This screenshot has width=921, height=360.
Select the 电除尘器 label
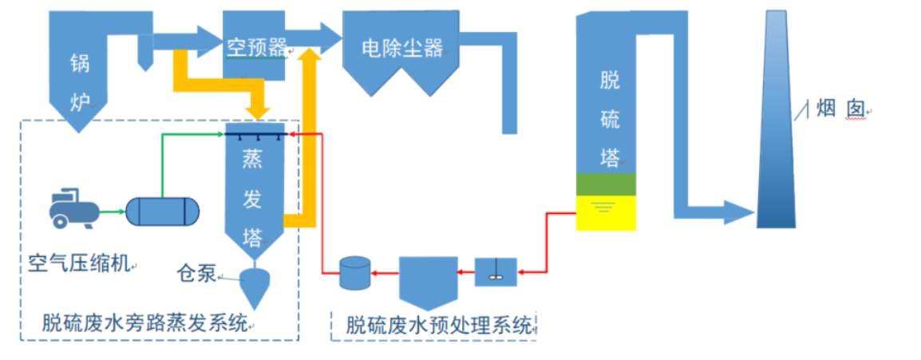[401, 48]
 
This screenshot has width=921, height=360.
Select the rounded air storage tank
[164, 212]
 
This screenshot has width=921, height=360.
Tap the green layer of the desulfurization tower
[606, 184]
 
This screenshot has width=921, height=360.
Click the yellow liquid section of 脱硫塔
[606, 212]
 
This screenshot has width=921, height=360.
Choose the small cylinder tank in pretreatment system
[354, 272]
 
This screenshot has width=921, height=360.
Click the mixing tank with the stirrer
[496, 271]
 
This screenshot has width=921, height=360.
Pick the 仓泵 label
[196, 274]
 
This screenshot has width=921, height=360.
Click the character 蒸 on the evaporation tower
[252, 160]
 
